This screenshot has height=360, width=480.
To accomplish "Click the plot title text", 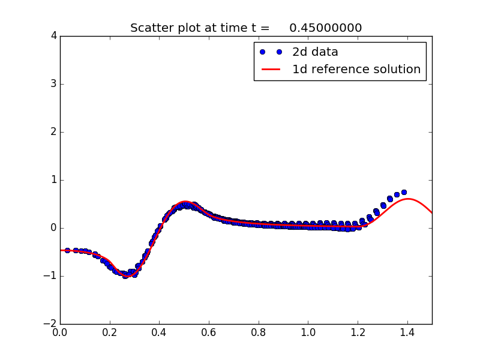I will [x=246, y=28].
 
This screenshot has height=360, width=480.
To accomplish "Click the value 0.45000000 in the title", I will [x=325, y=28].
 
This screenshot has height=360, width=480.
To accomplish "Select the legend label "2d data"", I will [x=315, y=52].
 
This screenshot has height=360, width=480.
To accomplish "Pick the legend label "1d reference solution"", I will [x=356, y=70].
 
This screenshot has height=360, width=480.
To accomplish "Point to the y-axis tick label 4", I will [x=53, y=36].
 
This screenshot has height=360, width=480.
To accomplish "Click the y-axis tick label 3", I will [x=53, y=84].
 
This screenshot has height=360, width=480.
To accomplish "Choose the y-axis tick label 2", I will [x=53, y=132].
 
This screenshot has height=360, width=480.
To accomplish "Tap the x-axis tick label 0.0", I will [x=60, y=332].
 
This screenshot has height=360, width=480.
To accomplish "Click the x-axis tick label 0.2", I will [x=110, y=332].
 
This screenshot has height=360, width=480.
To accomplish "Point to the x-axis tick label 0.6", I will [x=209, y=332].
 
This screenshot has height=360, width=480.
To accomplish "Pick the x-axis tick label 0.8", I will [x=259, y=332].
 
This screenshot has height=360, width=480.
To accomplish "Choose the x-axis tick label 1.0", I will [x=308, y=332].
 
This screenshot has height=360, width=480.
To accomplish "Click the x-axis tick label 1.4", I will [x=407, y=332].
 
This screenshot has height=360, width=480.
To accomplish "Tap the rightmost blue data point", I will [x=404, y=192].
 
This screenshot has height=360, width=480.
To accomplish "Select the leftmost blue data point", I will [x=67, y=250].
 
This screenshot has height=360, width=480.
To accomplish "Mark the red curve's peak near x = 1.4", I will [x=408, y=199].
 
